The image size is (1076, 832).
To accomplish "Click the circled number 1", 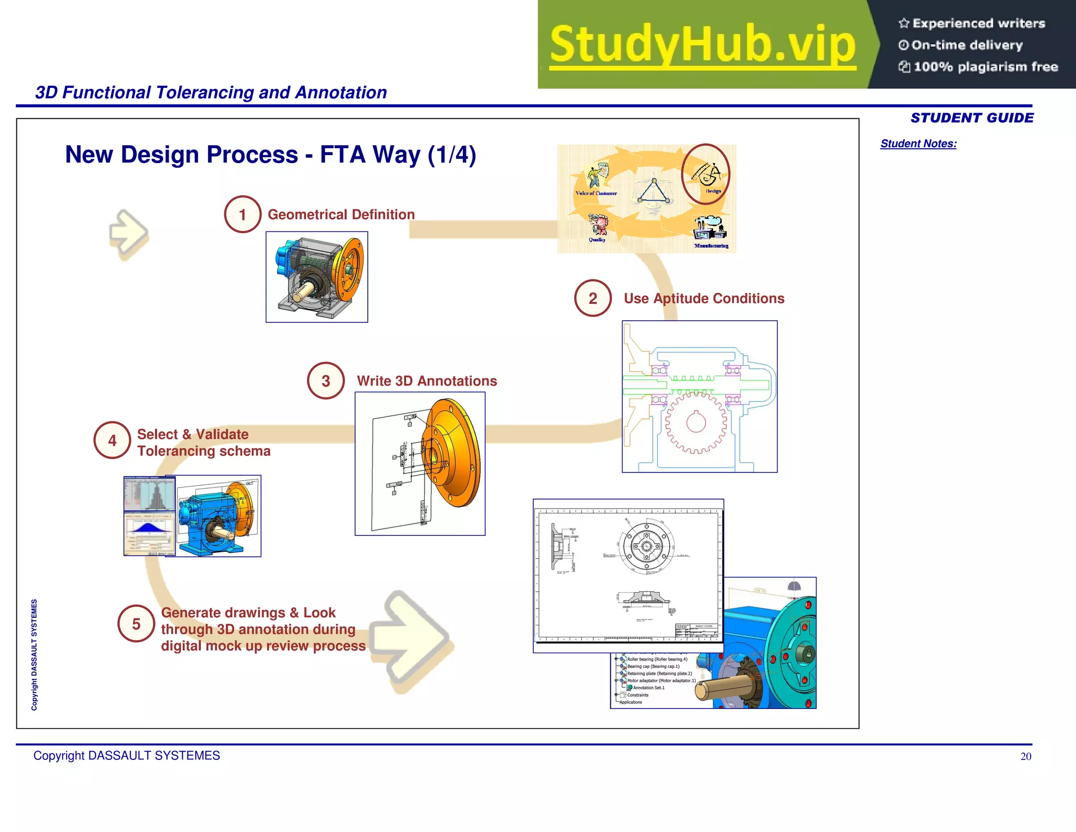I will click(x=242, y=215).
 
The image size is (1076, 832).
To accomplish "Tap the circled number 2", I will click(x=593, y=298).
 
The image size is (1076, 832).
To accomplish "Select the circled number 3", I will click(x=326, y=381).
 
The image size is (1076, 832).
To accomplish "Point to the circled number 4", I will click(x=112, y=441).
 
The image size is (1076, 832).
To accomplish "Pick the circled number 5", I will click(x=136, y=624).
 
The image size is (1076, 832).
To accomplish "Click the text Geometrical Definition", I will click(x=341, y=215).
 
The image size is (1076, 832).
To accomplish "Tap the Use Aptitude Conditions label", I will click(x=703, y=298).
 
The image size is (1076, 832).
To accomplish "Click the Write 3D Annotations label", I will click(x=427, y=381).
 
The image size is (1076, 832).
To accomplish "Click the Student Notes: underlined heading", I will click(x=918, y=144).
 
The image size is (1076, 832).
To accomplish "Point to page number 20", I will click(x=1026, y=756).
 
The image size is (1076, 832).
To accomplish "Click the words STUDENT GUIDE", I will click(x=971, y=118).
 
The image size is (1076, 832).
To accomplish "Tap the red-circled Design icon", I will click(x=706, y=174).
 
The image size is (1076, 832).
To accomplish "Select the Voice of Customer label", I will click(x=596, y=193).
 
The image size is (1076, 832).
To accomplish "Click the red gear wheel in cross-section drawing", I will click(x=696, y=422).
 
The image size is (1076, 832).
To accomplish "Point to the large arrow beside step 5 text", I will click(x=412, y=639).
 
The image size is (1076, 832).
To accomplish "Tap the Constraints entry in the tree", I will click(x=637, y=695).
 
